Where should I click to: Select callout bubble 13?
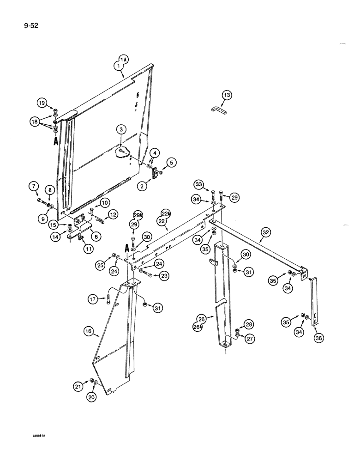point(227,96)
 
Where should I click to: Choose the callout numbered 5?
point(171,162)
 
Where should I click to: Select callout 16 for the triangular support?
point(89,331)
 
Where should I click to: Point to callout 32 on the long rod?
point(266,234)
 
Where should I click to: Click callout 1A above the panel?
point(123,59)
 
